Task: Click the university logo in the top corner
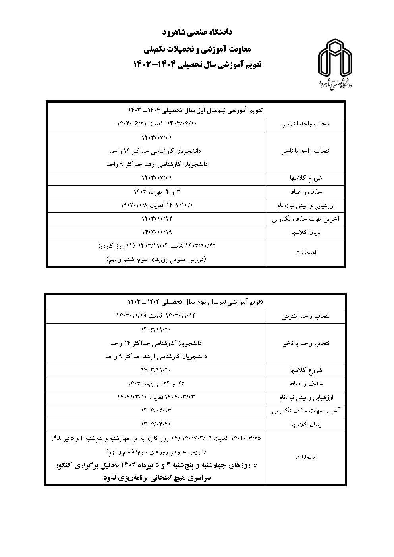pos(335,64)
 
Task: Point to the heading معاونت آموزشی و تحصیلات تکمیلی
pos(197,49)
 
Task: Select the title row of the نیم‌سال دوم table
pos(196,302)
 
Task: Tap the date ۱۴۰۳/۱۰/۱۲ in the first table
pos(157,219)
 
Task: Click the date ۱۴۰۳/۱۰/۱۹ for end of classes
pos(157,232)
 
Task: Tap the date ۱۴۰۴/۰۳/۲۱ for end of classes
pos(156,424)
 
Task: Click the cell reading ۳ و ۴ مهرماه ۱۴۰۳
pos(157,192)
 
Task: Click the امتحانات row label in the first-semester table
pos(306,252)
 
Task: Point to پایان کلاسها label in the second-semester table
pos(305,425)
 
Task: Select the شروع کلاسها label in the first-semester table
pos(305,178)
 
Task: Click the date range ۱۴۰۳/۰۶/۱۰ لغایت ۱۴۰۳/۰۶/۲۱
pos(157,123)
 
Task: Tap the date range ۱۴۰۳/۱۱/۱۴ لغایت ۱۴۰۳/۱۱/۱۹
pos(156,316)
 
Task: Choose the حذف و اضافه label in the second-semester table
pos(305,384)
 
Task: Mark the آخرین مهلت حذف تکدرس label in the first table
pos(305,219)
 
